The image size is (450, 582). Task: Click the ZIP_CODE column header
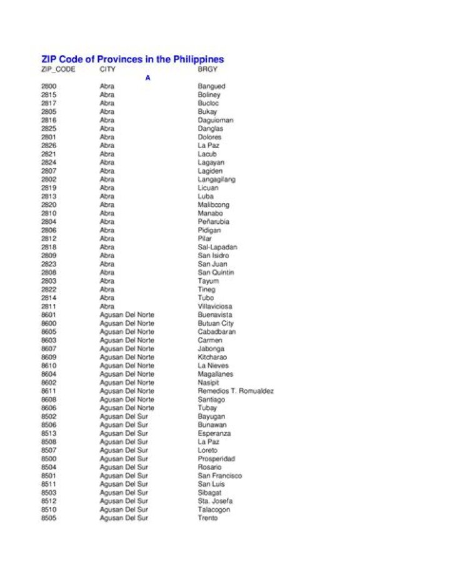pos(58,69)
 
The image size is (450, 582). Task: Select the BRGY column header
pos(207,69)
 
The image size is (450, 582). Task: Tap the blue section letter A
pos(148,78)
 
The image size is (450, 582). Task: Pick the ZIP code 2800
pos(49,86)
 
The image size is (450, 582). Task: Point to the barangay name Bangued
pos(212,86)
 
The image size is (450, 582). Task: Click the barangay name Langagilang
pos(217,179)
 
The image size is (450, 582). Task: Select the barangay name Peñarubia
pos(214,222)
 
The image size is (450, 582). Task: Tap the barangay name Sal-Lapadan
pos(217,247)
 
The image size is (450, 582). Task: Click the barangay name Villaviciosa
pos(215,306)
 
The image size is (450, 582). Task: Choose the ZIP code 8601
pos(49,315)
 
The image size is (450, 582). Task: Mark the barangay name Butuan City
pos(216,323)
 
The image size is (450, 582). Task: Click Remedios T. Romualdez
pos(236,391)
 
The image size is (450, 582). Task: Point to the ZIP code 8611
pos(49,391)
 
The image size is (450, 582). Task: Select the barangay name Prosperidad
pos(216,459)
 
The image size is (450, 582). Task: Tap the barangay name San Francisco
pos(220,476)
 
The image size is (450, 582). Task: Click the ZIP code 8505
pos(49,518)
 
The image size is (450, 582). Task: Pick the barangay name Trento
pos(208,518)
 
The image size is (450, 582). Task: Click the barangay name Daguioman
pos(216,120)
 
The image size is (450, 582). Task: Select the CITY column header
pos(107,69)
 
